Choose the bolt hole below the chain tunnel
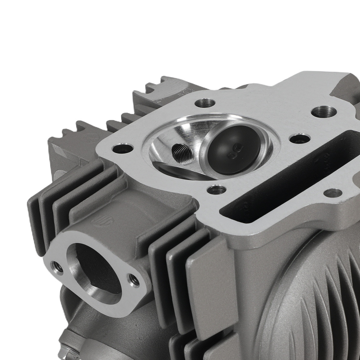pyautogui.click(x=332, y=193)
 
